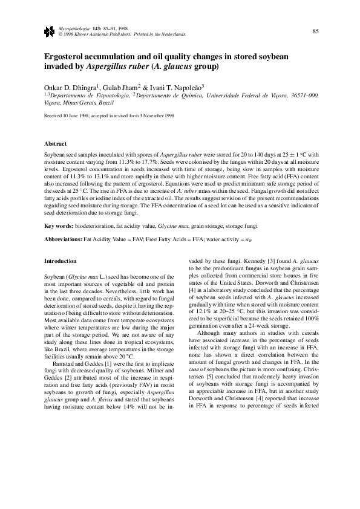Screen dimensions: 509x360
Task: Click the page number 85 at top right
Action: (315, 31)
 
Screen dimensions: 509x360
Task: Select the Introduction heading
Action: (61, 261)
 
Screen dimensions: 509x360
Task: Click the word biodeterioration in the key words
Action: (94, 225)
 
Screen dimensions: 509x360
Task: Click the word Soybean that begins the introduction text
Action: (55, 276)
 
